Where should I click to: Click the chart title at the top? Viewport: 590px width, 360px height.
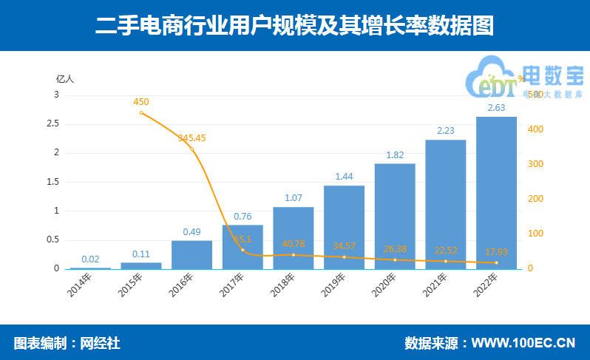point(294,26)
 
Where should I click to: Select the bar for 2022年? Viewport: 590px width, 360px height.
point(496,192)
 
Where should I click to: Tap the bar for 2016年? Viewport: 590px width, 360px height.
point(191,254)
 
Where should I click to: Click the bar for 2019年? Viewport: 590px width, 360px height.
point(344,226)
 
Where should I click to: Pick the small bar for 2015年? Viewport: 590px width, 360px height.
point(141,265)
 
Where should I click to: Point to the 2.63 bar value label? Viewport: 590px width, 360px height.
point(496,108)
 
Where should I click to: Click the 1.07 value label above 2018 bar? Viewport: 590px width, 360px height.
point(294,198)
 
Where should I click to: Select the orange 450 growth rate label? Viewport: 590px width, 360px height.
point(141,102)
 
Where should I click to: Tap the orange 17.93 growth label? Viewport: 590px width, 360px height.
point(496,251)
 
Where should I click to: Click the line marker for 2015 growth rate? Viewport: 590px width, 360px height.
point(141,112)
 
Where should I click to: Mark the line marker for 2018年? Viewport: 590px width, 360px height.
point(294,254)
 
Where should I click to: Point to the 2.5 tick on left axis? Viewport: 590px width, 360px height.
point(52,123)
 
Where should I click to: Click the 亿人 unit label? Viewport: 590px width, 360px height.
point(66,79)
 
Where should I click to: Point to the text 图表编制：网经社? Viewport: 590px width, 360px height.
point(67,343)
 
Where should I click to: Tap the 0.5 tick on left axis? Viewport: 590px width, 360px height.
point(52,240)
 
